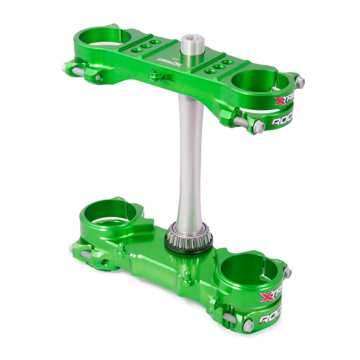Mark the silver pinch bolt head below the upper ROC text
pos(259,127)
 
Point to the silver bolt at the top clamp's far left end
pos(66,67)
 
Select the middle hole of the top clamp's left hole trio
pos(146,46)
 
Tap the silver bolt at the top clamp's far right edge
pos(300,82)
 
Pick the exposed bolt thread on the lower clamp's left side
pos(86,255)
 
